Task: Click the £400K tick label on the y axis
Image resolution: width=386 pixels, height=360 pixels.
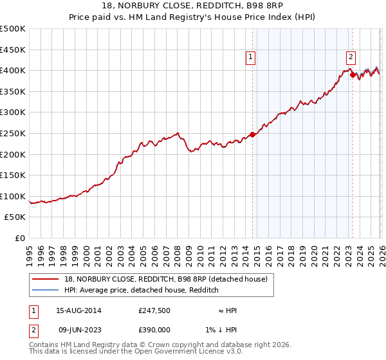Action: (13, 70)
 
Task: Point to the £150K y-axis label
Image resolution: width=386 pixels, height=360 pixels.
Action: (13, 175)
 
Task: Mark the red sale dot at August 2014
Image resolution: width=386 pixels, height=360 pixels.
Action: (252, 134)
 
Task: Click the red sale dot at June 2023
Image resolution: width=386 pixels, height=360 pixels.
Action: (353, 75)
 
